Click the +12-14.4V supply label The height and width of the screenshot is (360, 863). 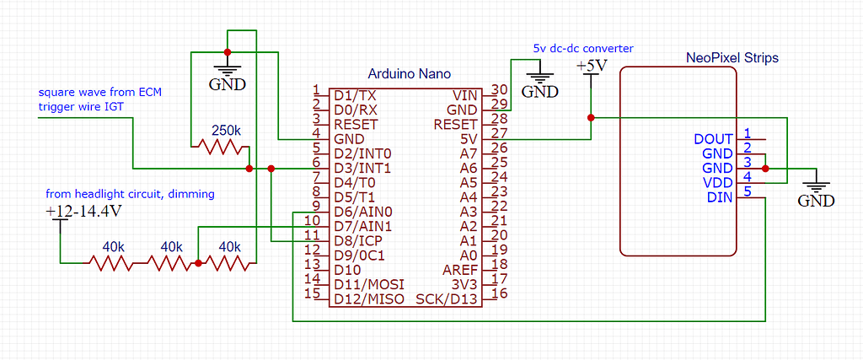[83, 212]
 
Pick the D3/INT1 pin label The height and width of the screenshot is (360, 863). [362, 169]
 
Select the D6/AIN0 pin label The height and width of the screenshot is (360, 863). [363, 212]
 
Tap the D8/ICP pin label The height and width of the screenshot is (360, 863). [359, 241]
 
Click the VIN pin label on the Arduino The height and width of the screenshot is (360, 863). [466, 95]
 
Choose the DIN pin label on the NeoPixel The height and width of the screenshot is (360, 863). [721, 197]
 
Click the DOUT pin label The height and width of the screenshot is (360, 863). [714, 139]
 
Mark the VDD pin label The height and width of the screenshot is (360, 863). [718, 183]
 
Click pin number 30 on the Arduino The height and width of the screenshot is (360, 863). [499, 90]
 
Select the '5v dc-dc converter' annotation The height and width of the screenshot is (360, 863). [582, 48]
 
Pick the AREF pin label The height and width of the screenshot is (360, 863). [462, 270]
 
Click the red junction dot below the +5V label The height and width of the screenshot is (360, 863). [591, 117]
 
